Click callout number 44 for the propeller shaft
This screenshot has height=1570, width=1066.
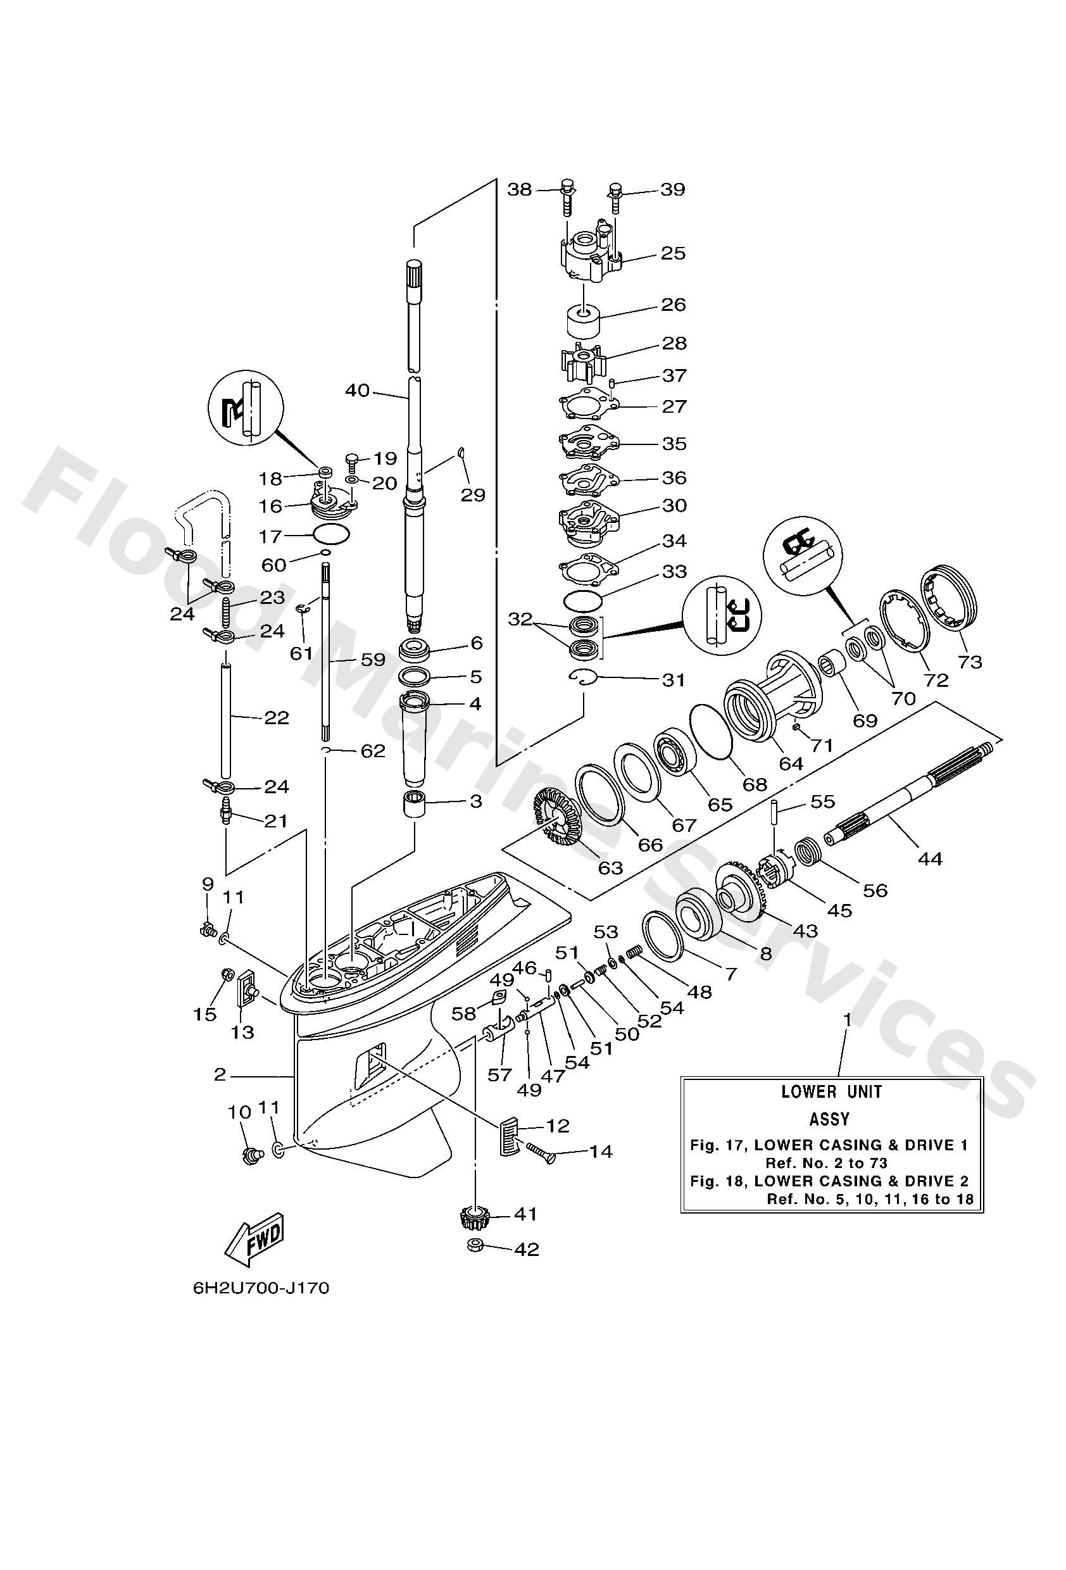pyautogui.click(x=929, y=858)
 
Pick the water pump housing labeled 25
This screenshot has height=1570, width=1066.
pyautogui.click(x=589, y=259)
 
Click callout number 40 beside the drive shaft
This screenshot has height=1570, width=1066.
pyautogui.click(x=358, y=391)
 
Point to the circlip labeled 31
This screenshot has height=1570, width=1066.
pyautogui.click(x=582, y=677)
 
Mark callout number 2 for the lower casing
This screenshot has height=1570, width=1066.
pyautogui.click(x=220, y=1074)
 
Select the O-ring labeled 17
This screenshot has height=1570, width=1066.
pyautogui.click(x=332, y=535)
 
